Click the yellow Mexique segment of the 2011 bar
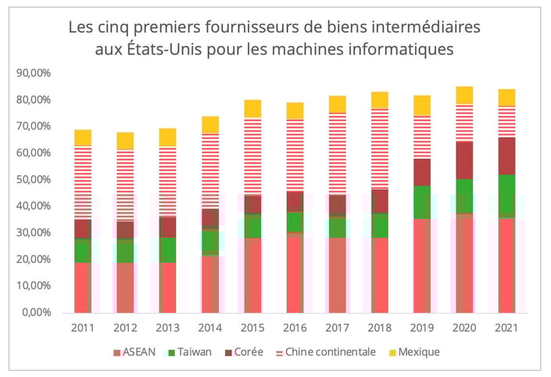pos(83,138)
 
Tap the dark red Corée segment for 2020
pos(464,160)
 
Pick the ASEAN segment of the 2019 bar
pos(422,265)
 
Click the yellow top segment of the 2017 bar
pos(337,104)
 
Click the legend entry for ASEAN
pos(135,352)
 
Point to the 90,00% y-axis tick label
pos(33,73)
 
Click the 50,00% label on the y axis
pos(33,179)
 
